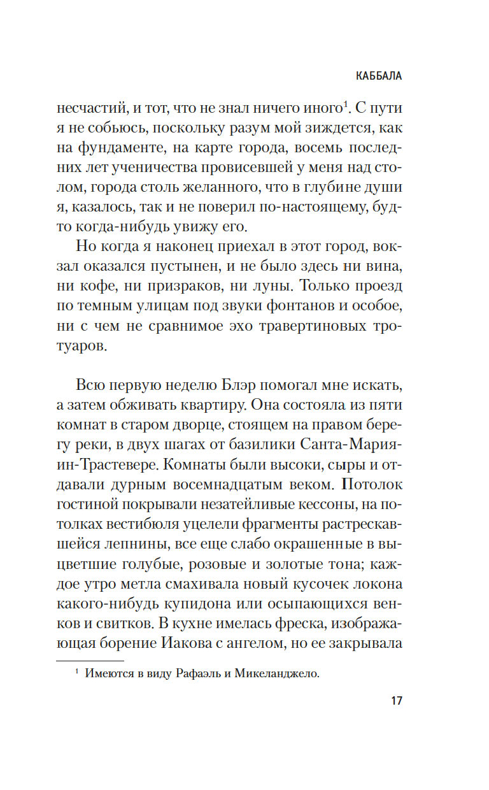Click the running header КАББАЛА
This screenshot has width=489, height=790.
tap(379, 76)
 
